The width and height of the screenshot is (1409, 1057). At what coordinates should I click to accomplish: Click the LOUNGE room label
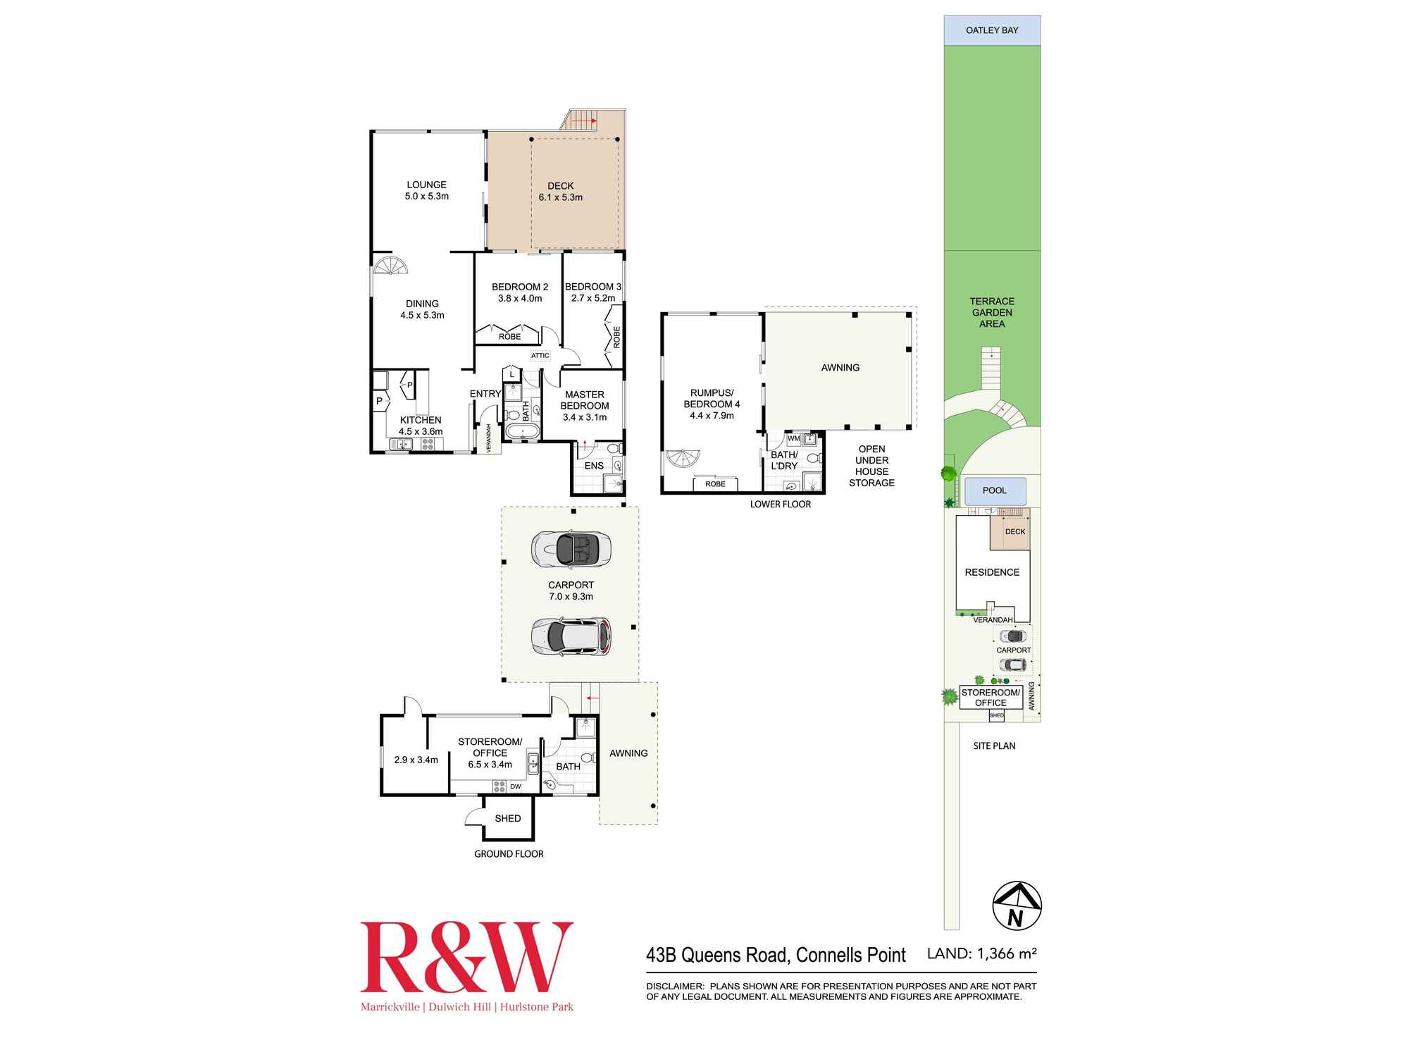pos(426,185)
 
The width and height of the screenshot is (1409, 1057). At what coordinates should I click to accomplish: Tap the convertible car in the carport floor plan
pos(571,549)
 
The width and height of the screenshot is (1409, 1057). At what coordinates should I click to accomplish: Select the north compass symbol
pos(1017,905)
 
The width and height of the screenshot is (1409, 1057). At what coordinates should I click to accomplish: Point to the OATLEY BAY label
pos(992,30)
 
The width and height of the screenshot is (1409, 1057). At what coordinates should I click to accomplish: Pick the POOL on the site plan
pos(994,490)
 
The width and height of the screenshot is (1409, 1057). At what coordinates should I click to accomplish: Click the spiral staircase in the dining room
pos(390,266)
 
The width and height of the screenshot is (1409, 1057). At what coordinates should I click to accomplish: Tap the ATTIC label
pos(540,355)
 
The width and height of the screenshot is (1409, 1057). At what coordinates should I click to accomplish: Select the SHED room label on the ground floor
pos(508,818)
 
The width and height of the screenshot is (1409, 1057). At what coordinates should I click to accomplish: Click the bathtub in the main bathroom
pos(523,432)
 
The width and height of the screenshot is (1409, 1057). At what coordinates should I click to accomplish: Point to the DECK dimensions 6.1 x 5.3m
pos(561,197)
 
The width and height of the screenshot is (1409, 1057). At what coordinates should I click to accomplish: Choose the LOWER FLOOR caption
pos(781,504)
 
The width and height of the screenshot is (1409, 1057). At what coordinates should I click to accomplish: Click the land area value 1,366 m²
pos(1004,953)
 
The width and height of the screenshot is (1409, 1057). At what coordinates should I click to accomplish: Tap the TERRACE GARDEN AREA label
pos(992,312)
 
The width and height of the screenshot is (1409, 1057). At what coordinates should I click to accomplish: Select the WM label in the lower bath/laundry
pos(794,438)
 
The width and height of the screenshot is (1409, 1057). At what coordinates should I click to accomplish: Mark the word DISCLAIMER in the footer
pos(675,987)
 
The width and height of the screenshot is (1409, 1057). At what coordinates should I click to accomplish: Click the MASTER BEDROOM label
pos(585,400)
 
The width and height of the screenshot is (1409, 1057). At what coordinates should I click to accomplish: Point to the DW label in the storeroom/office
pos(516,786)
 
